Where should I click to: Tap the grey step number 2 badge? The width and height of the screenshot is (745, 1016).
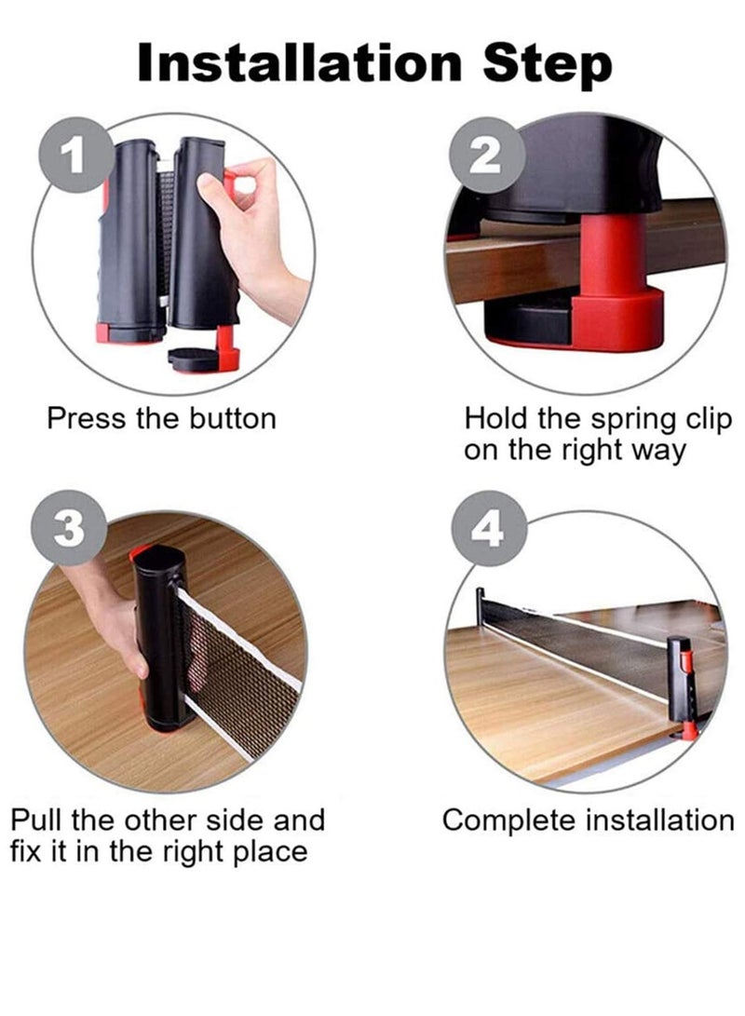pos(483,156)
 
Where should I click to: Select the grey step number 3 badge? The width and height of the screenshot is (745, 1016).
pos(67,529)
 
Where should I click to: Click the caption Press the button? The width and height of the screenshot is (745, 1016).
pos(161,418)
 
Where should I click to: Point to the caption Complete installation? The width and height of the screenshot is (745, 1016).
pos(588,820)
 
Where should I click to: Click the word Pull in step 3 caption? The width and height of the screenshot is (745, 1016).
pos(37,820)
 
